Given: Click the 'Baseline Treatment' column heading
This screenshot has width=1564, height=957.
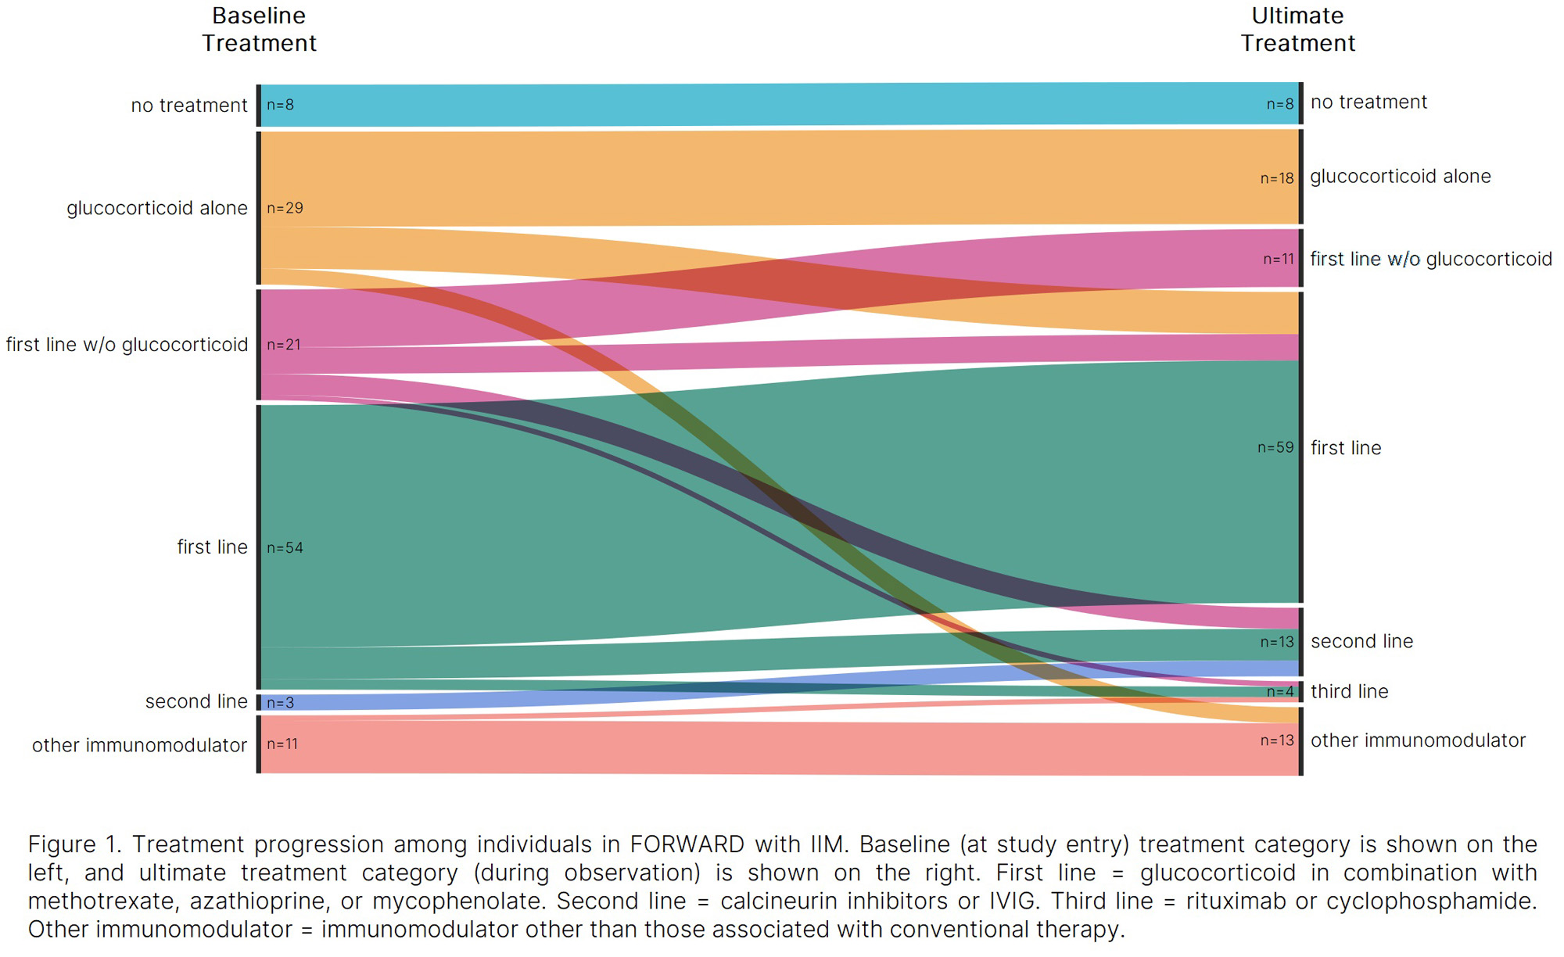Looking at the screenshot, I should click(x=259, y=29).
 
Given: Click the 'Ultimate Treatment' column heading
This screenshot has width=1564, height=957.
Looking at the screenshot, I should click(x=1297, y=29).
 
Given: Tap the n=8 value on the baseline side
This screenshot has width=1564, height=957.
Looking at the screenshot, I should click(x=280, y=105).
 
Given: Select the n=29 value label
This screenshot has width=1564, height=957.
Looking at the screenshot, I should click(x=285, y=208).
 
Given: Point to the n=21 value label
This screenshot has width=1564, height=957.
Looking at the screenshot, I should click(x=284, y=345).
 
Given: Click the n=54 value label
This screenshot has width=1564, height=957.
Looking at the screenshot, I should click(x=285, y=548).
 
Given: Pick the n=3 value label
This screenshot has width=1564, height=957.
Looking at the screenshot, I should click(x=280, y=703).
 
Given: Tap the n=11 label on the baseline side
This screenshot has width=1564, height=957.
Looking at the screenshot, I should click(x=282, y=744).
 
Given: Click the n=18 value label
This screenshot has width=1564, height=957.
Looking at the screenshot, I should click(x=1277, y=178).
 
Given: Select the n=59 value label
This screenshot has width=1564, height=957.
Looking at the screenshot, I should click(x=1275, y=447).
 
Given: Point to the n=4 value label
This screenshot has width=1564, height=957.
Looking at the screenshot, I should click(x=1280, y=692).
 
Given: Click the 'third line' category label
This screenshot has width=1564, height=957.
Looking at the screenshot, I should click(x=1349, y=691).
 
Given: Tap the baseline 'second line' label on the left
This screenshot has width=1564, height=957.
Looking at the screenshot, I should click(x=196, y=701).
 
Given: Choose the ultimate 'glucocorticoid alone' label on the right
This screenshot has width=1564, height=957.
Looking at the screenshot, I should click(x=1400, y=177).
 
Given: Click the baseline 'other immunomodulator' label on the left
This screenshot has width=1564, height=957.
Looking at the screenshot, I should click(x=139, y=745).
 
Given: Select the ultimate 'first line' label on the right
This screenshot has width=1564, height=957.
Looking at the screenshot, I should click(x=1346, y=448).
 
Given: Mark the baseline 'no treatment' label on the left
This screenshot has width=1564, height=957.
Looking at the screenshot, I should click(x=188, y=106).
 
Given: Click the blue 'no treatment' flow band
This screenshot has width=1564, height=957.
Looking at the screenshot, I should click(x=782, y=105).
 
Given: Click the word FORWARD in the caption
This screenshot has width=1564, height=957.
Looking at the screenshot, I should click(x=687, y=845).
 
